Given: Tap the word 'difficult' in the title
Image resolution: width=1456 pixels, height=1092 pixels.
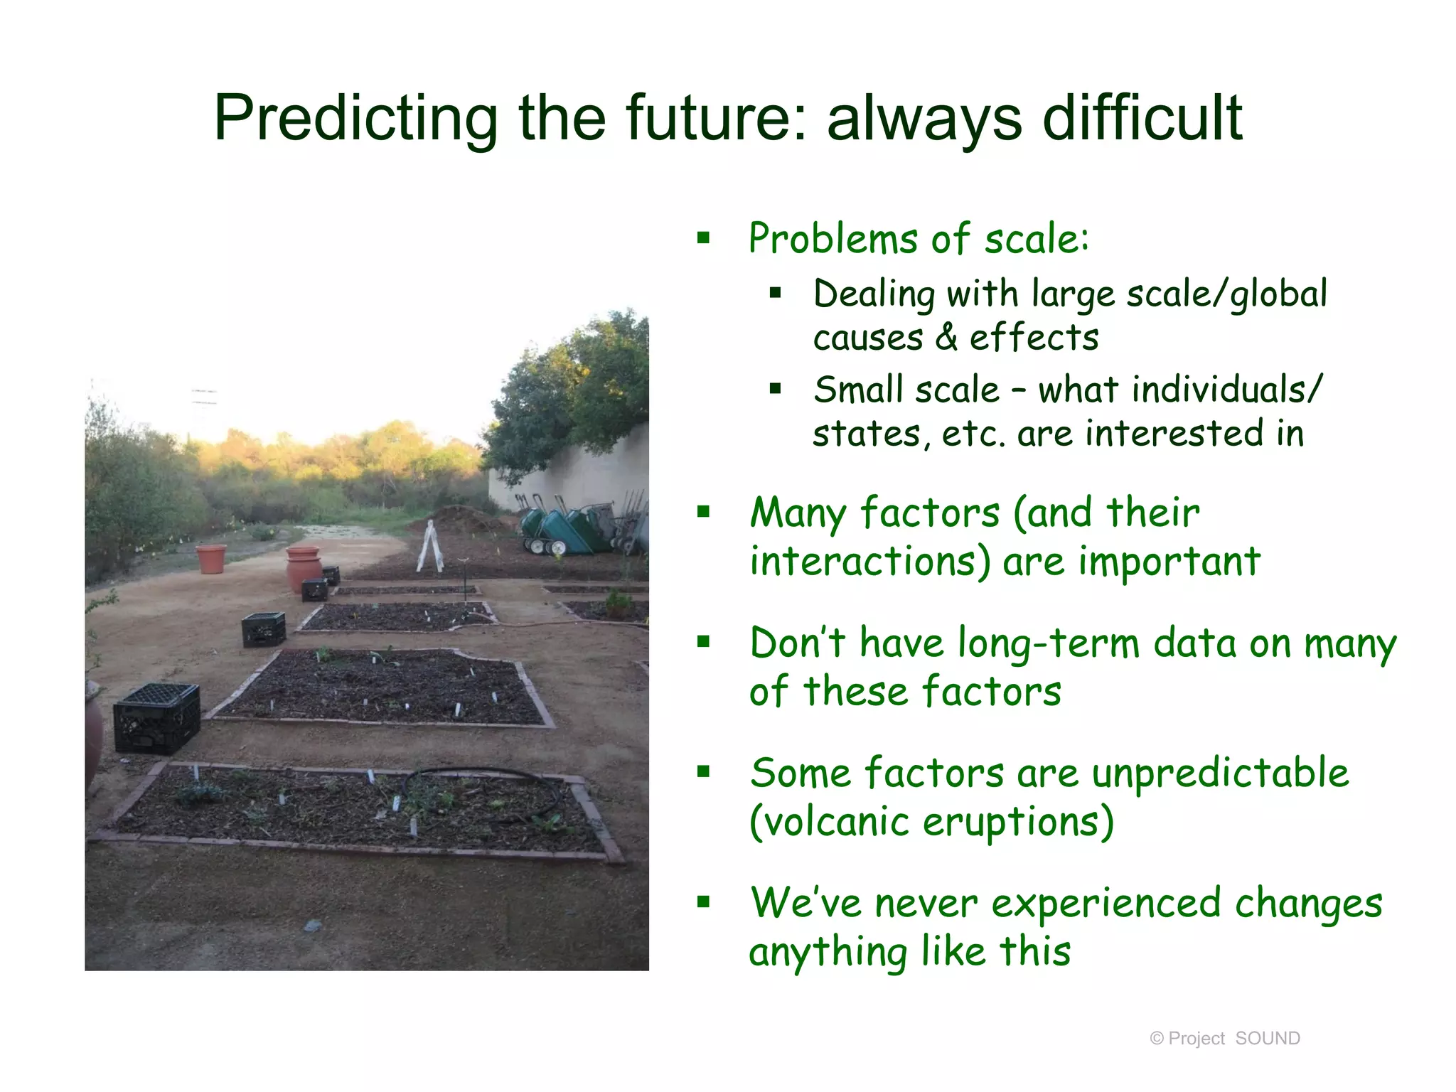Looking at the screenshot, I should pos(1142,119).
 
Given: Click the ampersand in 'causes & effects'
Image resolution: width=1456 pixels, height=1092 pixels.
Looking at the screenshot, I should pos(946,337).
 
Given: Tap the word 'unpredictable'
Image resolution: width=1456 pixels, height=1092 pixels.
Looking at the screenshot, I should pos(1220,773).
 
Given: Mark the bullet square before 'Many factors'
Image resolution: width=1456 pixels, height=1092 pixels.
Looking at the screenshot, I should pos(704,512).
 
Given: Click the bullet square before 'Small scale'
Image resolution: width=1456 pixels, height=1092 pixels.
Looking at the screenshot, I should pos(775,389).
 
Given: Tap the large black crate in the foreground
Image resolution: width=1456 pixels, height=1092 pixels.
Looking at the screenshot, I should pos(157,718).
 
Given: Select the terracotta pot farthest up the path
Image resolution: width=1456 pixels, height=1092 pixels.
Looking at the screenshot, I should pos(211,559).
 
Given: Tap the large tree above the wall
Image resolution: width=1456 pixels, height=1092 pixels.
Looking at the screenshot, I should pos(576,391).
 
